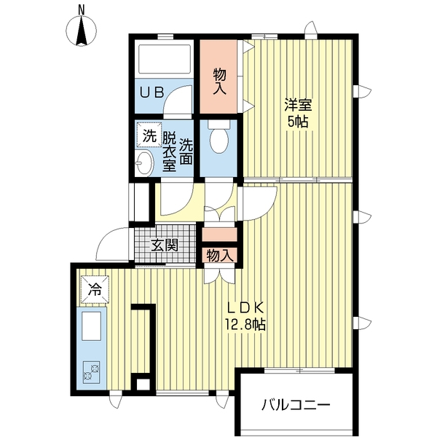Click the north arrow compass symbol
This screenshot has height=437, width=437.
82,31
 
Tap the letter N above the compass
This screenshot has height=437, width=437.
82,10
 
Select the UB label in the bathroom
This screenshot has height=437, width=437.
151,92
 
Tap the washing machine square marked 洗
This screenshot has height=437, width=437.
149,135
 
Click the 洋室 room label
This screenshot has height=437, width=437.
298,105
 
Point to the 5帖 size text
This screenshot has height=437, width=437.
298,122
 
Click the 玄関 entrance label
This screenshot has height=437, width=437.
165,245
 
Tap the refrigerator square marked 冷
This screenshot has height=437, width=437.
95,289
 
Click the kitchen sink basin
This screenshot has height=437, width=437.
91,326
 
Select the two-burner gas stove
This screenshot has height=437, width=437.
92,373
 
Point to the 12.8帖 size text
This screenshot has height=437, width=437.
245,324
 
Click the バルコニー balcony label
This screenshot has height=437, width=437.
296,405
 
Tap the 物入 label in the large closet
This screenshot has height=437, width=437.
220,82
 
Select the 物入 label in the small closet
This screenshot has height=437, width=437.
220,256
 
